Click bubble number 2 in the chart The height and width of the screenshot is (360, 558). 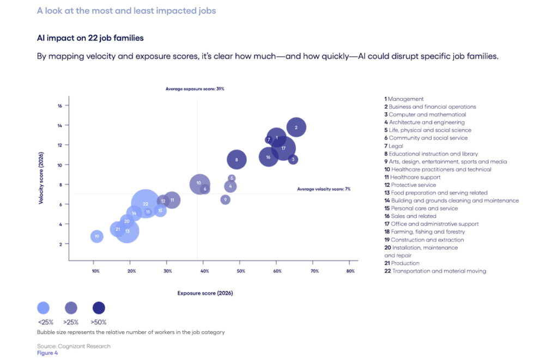point(296,127)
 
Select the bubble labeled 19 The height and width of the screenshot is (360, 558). point(96,236)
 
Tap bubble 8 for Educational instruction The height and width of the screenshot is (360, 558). point(236,160)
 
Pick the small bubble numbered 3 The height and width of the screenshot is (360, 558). point(293,160)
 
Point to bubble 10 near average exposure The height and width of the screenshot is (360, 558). point(199,184)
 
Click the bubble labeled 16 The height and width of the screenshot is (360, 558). point(268,157)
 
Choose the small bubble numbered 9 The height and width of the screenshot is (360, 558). point(225,200)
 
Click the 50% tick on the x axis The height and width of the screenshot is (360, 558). point(240,271)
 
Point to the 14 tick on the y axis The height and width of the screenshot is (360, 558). point(59,125)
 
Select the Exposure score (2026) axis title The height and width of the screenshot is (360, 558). point(205,293)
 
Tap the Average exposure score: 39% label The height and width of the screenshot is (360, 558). point(195,88)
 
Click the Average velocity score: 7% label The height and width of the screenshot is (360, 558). point(324,189)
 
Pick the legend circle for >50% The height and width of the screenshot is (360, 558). point(99,308)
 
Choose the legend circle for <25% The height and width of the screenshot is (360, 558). point(44,308)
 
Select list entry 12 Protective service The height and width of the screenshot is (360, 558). point(409,185)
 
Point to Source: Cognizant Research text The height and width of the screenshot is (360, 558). point(74,346)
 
